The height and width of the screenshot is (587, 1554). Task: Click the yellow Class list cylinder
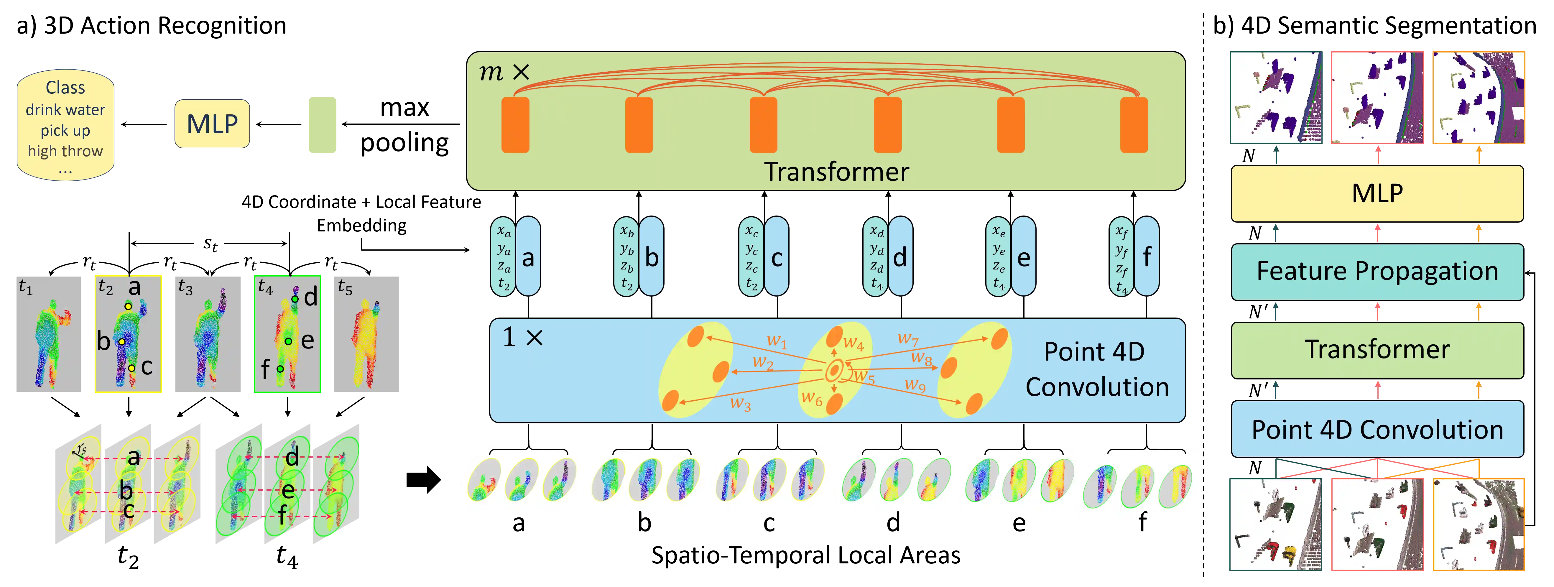[65, 126]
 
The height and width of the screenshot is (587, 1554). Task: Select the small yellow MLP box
[212, 124]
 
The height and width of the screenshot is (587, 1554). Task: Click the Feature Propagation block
[1377, 272]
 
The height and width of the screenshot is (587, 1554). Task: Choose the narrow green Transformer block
[1377, 350]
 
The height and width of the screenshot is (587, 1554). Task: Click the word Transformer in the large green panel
[836, 172]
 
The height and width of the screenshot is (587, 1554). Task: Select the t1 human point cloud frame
[50, 335]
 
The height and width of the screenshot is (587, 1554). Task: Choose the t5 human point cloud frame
[366, 335]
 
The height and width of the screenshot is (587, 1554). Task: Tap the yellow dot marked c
[131, 367]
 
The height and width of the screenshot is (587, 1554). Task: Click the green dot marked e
[288, 341]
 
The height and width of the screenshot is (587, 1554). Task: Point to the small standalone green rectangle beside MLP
[322, 125]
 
